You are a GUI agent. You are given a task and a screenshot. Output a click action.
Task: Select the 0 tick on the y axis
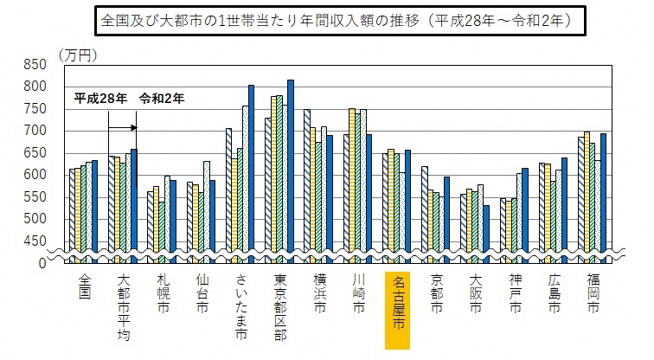point(42,262)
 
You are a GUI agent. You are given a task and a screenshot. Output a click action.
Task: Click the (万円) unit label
point(77,55)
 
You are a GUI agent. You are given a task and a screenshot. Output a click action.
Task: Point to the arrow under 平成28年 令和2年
point(124,128)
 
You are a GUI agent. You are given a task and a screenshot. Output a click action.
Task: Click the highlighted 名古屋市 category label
point(398,307)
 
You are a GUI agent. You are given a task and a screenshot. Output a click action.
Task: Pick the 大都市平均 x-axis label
point(124,307)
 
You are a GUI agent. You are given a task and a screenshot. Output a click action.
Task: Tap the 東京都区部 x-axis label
point(280,307)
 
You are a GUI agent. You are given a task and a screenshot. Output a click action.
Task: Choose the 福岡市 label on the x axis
point(593,295)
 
